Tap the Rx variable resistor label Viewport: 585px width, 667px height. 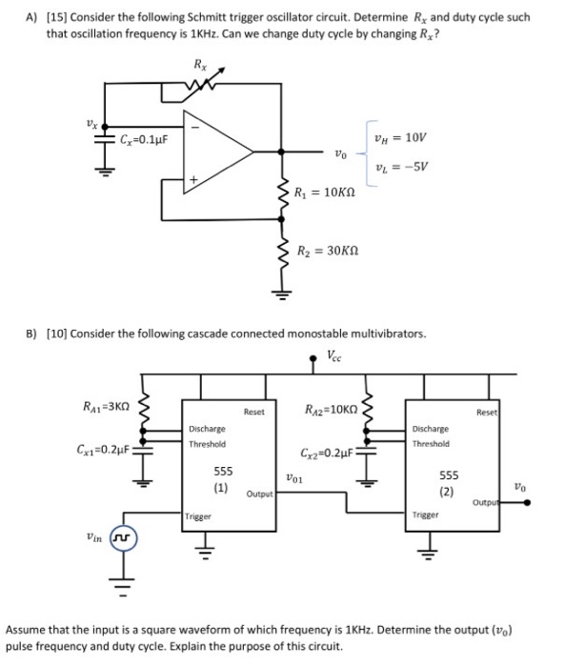point(198,66)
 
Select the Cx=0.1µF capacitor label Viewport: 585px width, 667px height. point(144,140)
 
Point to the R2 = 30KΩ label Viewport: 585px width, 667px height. point(327,252)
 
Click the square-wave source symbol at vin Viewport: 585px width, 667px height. point(122,539)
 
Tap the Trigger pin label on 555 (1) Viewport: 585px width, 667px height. point(199,515)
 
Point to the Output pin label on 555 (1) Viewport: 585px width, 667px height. point(259,494)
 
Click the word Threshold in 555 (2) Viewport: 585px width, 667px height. point(432,443)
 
